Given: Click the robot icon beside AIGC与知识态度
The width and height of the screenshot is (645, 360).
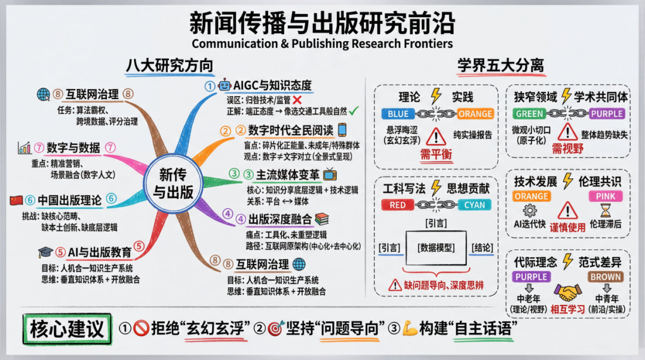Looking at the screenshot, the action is (224, 85).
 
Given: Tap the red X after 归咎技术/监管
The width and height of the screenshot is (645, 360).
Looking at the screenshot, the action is (297, 100).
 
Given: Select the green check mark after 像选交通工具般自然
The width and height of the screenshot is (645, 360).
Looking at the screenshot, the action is (354, 110).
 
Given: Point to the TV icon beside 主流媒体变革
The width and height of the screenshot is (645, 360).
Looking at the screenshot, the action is (330, 174).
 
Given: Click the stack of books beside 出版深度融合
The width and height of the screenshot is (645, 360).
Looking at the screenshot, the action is (322, 219).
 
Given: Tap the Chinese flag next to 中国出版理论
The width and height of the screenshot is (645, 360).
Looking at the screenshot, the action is (16, 201).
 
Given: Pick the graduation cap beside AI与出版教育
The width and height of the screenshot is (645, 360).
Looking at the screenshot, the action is (45, 252).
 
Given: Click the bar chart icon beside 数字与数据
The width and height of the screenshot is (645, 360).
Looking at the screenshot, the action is (24, 147).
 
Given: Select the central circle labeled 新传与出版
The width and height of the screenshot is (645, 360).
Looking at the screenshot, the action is (173, 183).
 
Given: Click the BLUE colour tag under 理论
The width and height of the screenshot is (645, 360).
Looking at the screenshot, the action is (398, 114).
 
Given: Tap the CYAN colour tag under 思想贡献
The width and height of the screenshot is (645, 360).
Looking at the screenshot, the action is (474, 205).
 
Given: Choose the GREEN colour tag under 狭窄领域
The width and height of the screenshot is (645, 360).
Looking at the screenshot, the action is (529, 114).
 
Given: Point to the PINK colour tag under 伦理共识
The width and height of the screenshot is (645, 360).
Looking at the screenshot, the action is (606, 196).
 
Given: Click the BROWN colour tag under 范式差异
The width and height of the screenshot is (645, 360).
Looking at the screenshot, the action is (606, 277).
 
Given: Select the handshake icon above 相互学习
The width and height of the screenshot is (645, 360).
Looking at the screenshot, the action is (568, 293).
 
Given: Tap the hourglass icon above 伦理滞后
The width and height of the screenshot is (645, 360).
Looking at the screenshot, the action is (606, 210).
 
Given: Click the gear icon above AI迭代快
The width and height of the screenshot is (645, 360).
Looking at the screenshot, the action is (530, 211).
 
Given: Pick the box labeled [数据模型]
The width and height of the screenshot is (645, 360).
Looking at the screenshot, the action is (436, 248).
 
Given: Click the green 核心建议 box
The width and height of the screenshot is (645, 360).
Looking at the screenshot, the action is (67, 329).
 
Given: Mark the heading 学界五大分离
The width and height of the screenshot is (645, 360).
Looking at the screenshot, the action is (500, 66).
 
